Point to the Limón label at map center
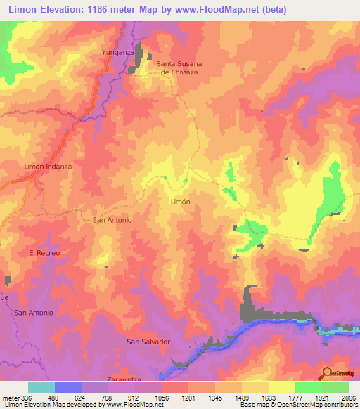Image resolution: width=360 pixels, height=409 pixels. point(181,201)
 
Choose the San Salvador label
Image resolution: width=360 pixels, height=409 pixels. point(148,342)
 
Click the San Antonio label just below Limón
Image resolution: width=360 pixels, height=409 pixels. point(112,220)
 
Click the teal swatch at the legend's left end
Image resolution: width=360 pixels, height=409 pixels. point(41,387)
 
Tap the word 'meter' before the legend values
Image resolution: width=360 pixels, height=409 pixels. point(11,397)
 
